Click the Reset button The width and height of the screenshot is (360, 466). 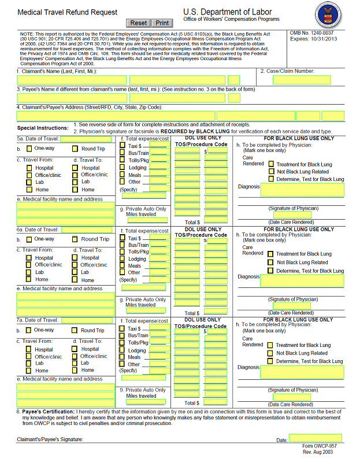pyautogui.click(x=139, y=23)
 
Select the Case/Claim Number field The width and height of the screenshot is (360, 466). pyautogui.click(x=294, y=80)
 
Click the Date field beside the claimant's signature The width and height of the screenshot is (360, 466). pyautogui.click(x=307, y=439)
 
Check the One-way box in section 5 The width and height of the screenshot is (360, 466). pyautogui.click(x=28, y=149)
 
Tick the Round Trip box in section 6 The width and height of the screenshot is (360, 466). pyautogui.click(x=75, y=239)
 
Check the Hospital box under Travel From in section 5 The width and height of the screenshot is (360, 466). pyautogui.click(x=29, y=168)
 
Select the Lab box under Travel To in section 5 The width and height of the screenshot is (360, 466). pyautogui.click(x=75, y=182)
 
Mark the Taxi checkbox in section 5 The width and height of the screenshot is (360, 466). pyautogui.click(x=123, y=146)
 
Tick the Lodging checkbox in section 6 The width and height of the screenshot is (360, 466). pyautogui.click(x=123, y=258)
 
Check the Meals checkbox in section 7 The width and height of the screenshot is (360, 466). pyautogui.click(x=123, y=357)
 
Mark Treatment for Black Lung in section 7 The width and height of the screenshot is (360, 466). pyautogui.click(x=270, y=345)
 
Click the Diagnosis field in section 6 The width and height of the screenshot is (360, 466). pyautogui.click(x=302, y=281)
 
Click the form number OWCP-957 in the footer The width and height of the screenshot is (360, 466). pyautogui.click(x=319, y=446)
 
